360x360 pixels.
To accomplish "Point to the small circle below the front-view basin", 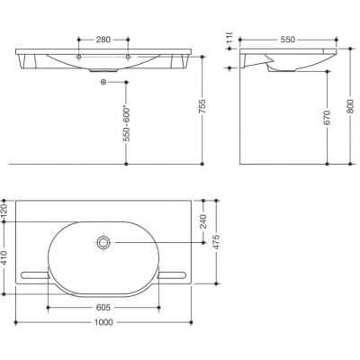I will (105, 83).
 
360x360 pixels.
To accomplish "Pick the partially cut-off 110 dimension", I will (229, 41).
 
